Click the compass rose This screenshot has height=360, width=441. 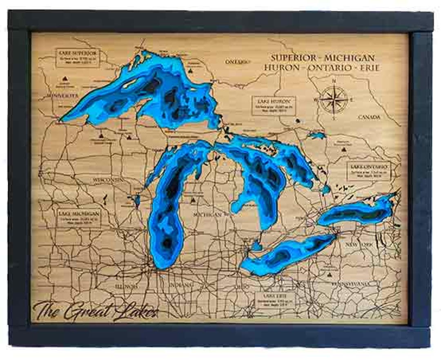coord(334,99)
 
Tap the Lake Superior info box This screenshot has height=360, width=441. coord(78,58)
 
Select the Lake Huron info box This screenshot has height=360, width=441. coord(274,105)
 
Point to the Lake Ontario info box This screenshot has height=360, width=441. coord(369,171)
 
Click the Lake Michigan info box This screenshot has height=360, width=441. coord(78,218)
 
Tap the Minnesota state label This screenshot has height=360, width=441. coord(62,95)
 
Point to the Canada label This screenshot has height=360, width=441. coord(369,117)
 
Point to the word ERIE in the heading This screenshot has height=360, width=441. coord(368,67)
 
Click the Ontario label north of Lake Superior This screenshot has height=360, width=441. coord(237,62)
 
